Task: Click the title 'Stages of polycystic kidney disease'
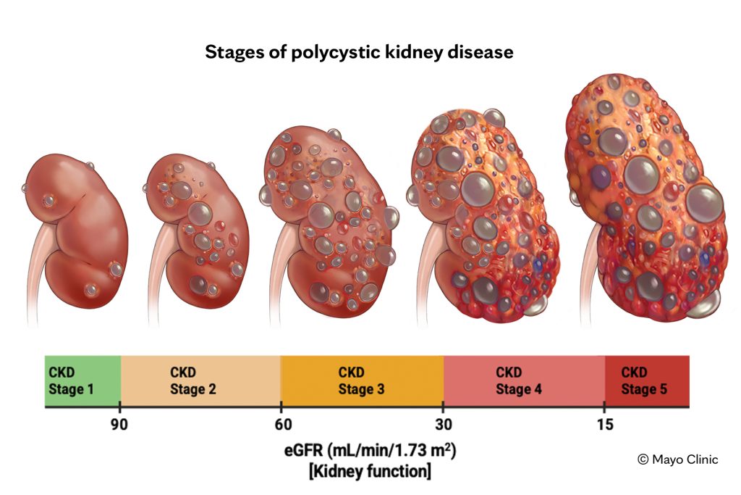359,53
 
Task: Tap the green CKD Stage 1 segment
82,381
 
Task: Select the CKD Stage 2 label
192,381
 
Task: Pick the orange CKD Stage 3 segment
361,381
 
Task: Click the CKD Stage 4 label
518,381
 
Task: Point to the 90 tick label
120,425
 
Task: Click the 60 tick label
281,425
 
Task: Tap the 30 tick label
444,425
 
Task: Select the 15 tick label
605,425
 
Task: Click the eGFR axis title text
370,450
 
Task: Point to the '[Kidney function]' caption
370,472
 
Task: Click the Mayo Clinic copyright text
677,459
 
